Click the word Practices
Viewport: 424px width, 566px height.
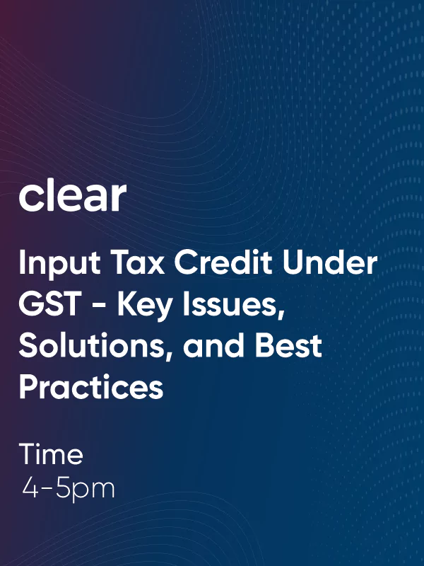pos(90,387)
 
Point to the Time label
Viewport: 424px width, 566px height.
pos(51,454)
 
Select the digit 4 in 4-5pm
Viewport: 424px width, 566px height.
pos(30,489)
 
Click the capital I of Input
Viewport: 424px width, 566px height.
pos(23,263)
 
